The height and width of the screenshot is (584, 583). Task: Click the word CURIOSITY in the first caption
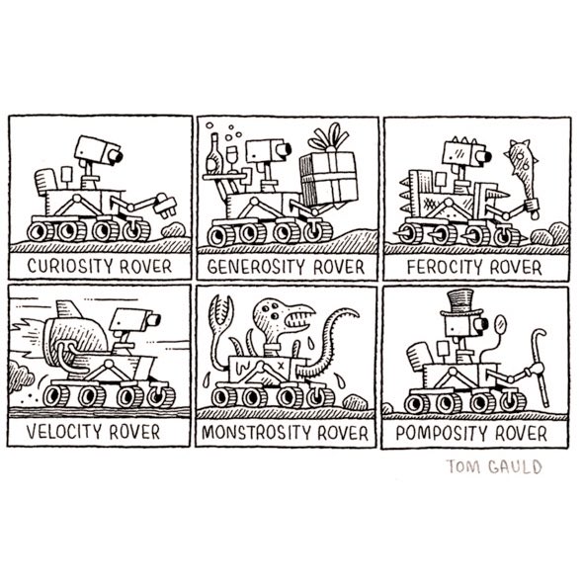70,266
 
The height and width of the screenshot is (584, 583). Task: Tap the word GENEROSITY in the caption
257,267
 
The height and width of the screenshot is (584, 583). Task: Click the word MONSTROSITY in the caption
258,433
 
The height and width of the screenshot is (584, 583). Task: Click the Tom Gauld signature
494,466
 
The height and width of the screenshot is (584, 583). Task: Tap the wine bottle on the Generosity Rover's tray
214,153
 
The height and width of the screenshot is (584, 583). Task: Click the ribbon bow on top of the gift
329,137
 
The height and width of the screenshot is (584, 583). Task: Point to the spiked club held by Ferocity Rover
523,171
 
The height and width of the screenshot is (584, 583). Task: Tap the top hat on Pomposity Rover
460,303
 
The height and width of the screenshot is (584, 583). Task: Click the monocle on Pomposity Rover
501,324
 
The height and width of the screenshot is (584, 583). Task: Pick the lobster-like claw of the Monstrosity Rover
221,310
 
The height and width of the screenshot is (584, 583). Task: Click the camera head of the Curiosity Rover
98,150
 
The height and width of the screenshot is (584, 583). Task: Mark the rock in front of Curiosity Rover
174,230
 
